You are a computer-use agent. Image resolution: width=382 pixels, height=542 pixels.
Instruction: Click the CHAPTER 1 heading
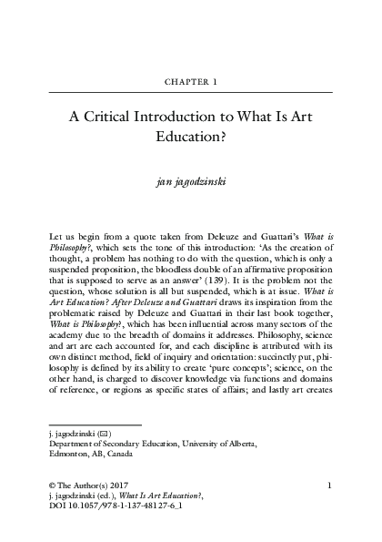(x=190, y=81)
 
